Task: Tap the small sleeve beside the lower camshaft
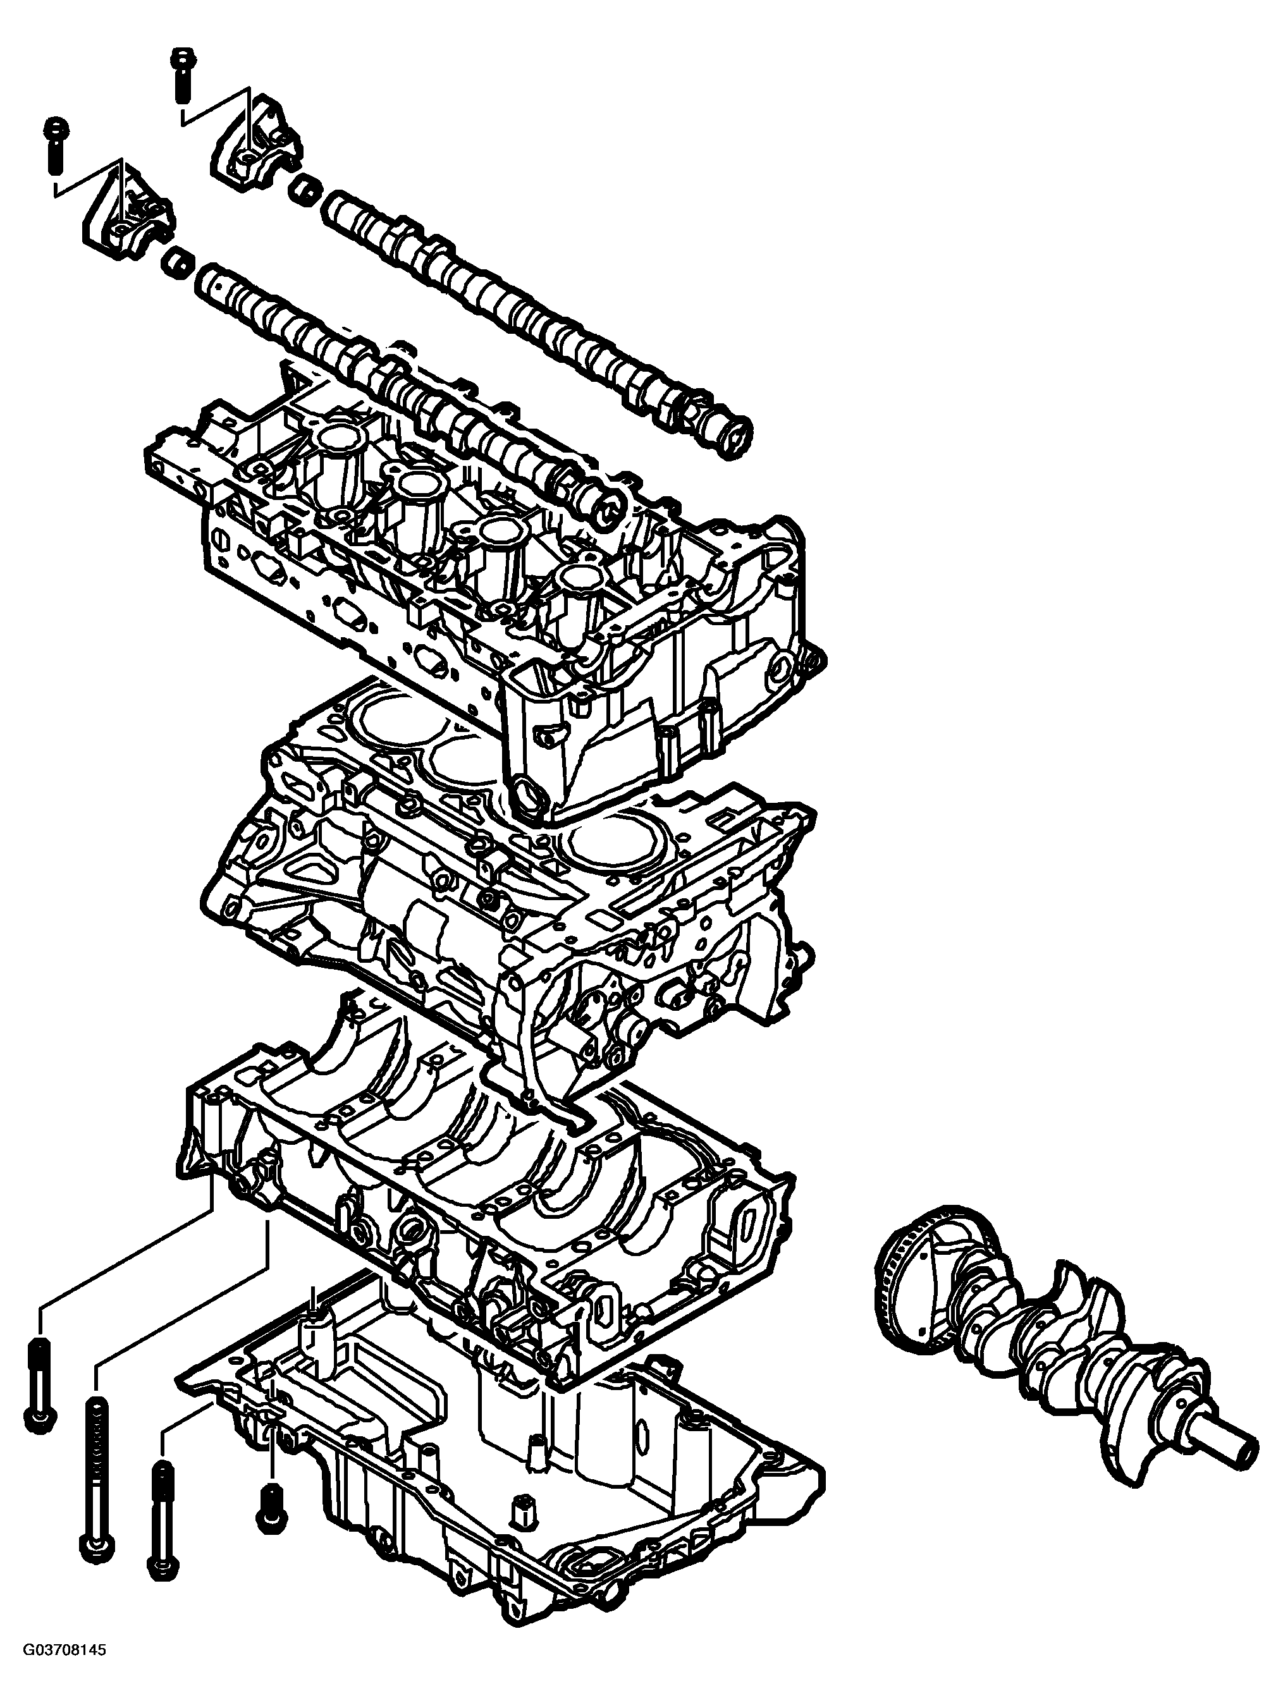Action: tap(176, 262)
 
